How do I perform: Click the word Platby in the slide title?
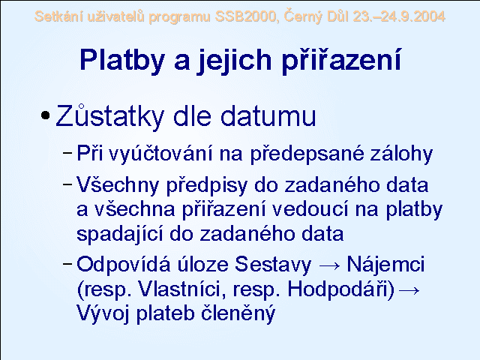click(x=121, y=60)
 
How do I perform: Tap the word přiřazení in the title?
click(x=340, y=60)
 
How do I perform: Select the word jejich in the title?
click(x=234, y=60)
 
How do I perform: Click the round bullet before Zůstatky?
click(x=45, y=115)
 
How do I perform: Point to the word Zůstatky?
click(x=110, y=116)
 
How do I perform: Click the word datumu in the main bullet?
click(x=268, y=116)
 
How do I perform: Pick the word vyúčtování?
click(x=160, y=153)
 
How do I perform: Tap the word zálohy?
click(x=401, y=153)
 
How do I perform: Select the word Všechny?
click(x=118, y=185)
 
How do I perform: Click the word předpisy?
click(x=207, y=185)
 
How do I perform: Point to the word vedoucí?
click(x=310, y=209)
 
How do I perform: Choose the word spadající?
click(x=119, y=233)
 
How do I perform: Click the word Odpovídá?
click(x=123, y=264)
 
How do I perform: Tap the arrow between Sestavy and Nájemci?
click(x=329, y=265)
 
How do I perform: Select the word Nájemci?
click(x=385, y=264)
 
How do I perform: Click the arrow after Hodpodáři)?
click(x=409, y=290)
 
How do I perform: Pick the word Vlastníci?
click(x=182, y=289)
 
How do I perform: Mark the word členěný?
click(x=238, y=313)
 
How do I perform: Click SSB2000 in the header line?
click(x=247, y=16)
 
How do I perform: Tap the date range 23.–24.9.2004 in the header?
click(x=398, y=16)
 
